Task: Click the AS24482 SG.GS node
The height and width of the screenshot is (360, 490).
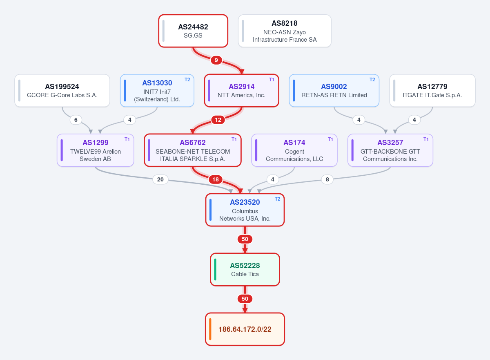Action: (193, 31)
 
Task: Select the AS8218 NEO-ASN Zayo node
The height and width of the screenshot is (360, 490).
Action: (285, 31)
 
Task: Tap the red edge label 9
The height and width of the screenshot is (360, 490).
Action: (216, 60)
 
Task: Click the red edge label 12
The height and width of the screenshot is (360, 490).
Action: (218, 120)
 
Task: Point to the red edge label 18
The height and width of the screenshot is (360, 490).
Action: (216, 179)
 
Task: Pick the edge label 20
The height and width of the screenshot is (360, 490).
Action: (160, 179)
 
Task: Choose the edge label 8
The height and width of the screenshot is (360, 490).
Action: (327, 179)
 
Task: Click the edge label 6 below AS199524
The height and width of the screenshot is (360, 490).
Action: (76, 120)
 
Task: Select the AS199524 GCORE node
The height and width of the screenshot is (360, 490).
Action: (62, 91)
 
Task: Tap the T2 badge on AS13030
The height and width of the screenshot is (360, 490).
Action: (187, 80)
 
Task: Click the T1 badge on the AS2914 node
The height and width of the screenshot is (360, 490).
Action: (272, 80)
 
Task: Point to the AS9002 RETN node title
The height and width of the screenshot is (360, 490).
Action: (334, 87)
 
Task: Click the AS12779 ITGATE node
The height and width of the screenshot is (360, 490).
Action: (432, 91)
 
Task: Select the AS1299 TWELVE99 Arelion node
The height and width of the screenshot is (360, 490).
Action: (96, 150)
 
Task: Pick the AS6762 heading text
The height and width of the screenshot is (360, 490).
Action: (193, 143)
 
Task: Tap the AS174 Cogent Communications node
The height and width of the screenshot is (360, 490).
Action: (294, 150)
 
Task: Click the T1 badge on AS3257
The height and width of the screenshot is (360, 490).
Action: (426, 139)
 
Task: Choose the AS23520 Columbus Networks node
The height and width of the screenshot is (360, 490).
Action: (245, 210)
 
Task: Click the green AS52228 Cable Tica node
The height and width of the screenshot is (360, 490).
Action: (245, 269)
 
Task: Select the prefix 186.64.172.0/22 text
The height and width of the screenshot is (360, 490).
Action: (245, 329)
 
